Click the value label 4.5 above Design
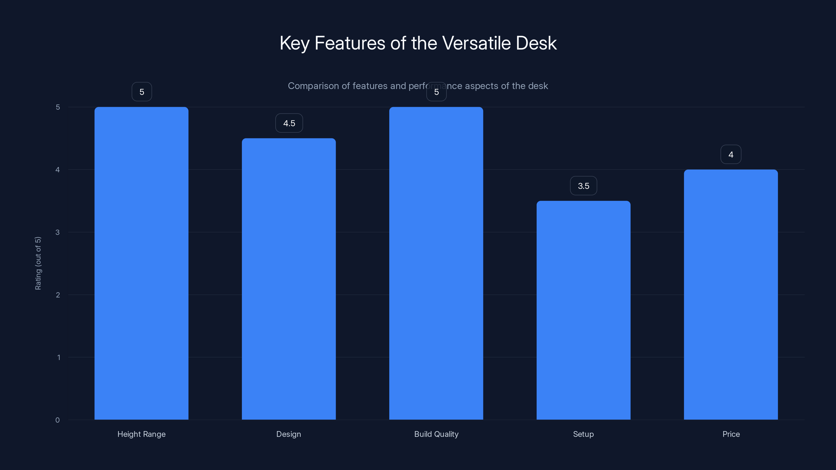click(x=289, y=123)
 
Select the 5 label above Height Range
click(x=142, y=92)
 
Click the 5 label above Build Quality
click(x=436, y=92)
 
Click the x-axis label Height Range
click(x=142, y=434)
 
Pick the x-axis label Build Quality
click(x=436, y=434)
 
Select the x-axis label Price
click(x=731, y=434)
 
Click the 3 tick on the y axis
click(x=57, y=232)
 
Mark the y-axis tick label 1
click(x=59, y=357)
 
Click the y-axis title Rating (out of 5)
click(x=38, y=263)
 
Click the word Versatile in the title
click(x=477, y=43)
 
